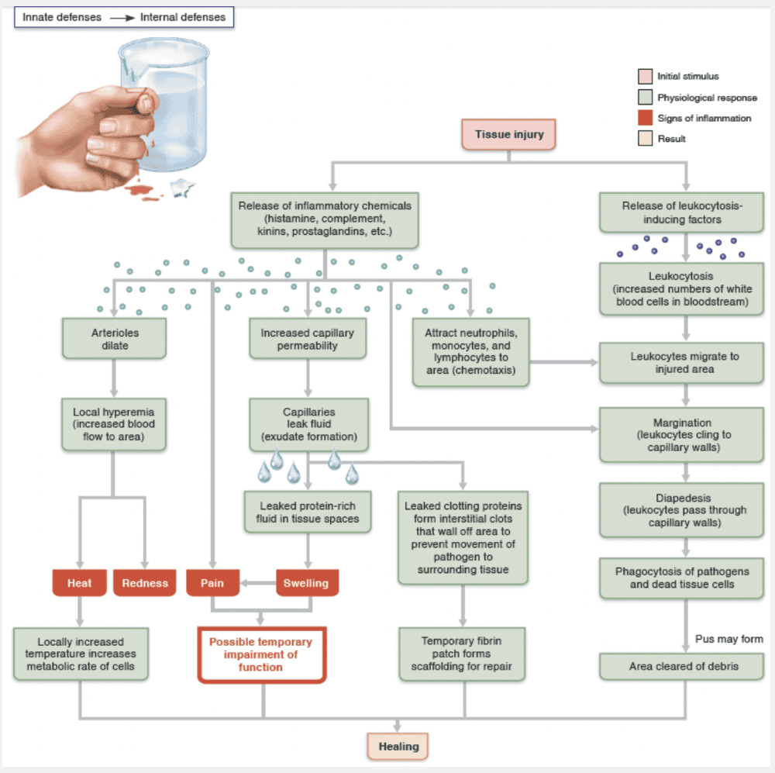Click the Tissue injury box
509,134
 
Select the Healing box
398,747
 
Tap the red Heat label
79,583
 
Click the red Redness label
145,583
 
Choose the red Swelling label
307,583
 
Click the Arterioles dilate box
115,339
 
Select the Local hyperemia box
114,424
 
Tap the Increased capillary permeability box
308,339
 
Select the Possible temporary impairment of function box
261,654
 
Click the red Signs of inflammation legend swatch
645,119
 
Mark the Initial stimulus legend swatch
645,77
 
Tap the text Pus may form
728,639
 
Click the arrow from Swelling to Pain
256,583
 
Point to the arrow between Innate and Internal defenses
120,17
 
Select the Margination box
682,435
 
